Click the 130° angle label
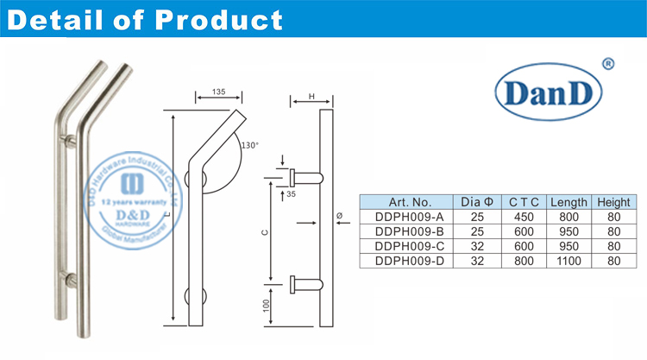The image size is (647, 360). click(x=251, y=144)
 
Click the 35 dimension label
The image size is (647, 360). click(x=291, y=195)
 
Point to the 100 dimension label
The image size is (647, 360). click(x=266, y=304)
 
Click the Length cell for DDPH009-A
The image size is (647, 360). click(x=568, y=217)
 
